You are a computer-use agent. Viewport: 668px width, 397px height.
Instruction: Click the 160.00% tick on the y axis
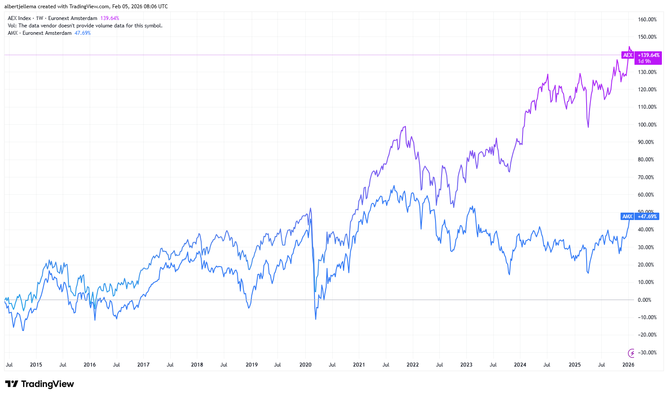pyautogui.click(x=647, y=20)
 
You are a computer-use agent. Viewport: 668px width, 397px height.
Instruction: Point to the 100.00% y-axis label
pyautogui.click(x=647, y=125)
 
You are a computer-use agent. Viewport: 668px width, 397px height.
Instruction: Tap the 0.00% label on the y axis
pyautogui.click(x=644, y=300)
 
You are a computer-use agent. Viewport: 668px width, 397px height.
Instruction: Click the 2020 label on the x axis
pyautogui.click(x=305, y=365)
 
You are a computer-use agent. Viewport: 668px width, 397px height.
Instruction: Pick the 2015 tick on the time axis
pyautogui.click(x=36, y=365)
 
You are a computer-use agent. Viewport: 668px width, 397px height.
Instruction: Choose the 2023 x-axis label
pyautogui.click(x=466, y=365)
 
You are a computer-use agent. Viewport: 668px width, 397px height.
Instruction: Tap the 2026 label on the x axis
pyautogui.click(x=628, y=365)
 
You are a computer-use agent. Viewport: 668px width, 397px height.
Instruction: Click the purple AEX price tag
pyautogui.click(x=628, y=55)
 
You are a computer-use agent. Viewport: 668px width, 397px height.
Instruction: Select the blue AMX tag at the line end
pyautogui.click(x=627, y=217)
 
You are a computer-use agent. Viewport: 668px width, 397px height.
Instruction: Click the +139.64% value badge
pyautogui.click(x=648, y=55)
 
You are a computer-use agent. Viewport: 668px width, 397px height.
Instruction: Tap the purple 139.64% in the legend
pyautogui.click(x=110, y=18)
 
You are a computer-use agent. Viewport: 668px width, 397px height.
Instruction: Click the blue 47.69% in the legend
pyautogui.click(x=83, y=33)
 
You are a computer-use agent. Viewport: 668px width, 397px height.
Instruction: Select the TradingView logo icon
pyautogui.click(x=12, y=384)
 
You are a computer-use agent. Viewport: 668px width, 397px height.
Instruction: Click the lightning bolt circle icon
pyautogui.click(x=631, y=353)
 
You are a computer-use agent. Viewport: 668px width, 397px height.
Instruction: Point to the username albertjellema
pyautogui.click(x=20, y=7)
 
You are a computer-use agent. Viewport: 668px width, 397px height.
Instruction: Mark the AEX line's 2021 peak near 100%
pyautogui.click(x=405, y=127)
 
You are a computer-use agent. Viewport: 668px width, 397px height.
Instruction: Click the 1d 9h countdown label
pyautogui.click(x=644, y=61)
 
